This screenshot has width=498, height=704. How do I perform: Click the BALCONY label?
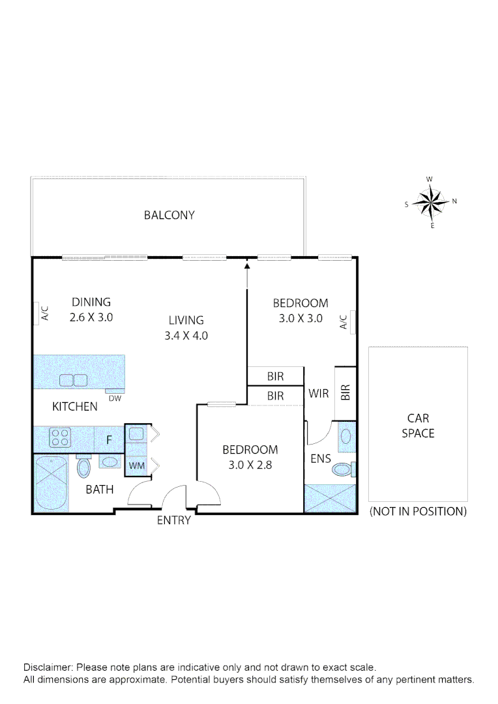tap(169, 215)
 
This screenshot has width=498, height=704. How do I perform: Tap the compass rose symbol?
tap(431, 202)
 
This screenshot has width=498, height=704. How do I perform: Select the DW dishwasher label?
tap(114, 398)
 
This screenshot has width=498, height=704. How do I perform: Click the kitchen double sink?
tap(74, 381)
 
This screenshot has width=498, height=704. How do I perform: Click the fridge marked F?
tap(109, 440)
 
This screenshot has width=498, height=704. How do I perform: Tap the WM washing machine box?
tap(136, 465)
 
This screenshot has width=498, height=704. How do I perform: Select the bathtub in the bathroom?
tap(50, 484)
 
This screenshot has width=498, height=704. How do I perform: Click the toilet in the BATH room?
tap(83, 467)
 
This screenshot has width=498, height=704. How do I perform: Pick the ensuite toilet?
tap(344, 469)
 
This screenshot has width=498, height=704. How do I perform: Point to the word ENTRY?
tap(174, 520)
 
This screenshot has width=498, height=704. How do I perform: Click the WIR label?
tap(318, 394)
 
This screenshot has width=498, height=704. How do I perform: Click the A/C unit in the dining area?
tap(38, 314)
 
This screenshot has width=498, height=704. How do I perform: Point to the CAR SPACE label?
tap(418, 426)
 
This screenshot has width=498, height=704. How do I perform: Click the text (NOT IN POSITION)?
tap(418, 512)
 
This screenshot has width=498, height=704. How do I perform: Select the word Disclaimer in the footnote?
tap(49, 668)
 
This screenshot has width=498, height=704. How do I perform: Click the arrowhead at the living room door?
tap(247, 264)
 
